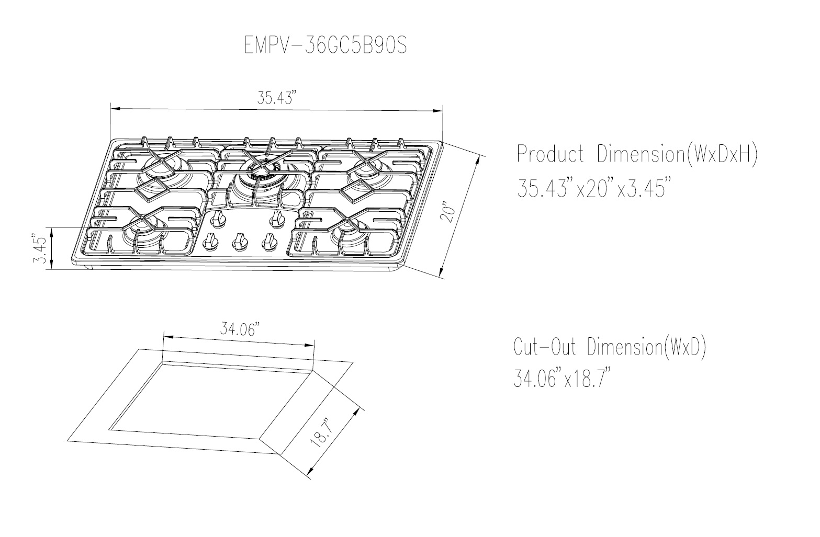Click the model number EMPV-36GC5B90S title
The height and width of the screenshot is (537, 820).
[x=325, y=46]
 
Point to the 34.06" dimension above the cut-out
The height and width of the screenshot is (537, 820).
[x=239, y=330]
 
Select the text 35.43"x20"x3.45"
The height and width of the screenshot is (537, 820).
[x=593, y=188]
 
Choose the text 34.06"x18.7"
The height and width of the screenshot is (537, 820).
[x=562, y=378]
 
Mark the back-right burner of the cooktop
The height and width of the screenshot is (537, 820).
[x=368, y=167]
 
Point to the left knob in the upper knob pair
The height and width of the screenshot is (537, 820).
[x=219, y=217]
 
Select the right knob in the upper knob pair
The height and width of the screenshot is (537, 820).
[x=276, y=217]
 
